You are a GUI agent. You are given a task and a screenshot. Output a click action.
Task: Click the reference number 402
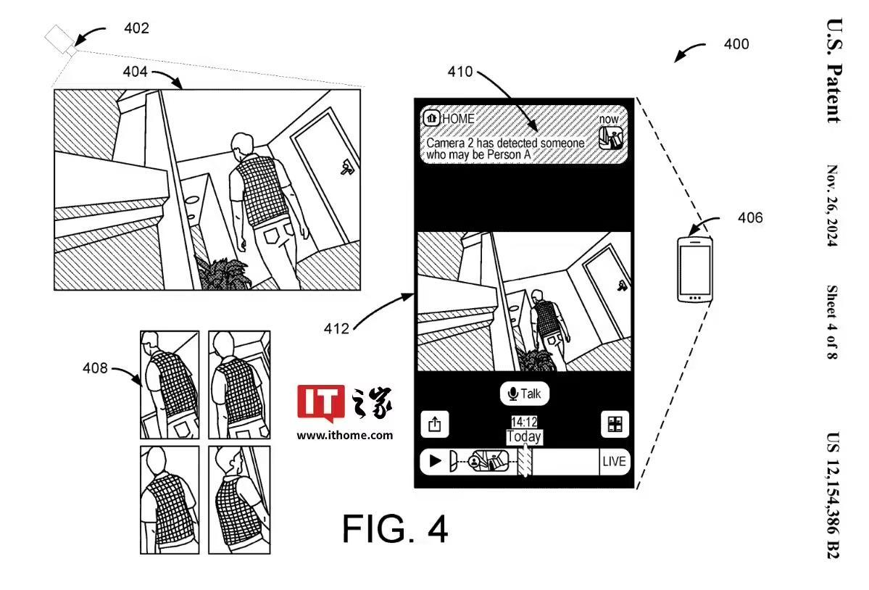(136, 29)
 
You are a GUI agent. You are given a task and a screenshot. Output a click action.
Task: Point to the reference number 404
(136, 72)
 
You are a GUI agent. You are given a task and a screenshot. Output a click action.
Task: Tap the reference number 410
(460, 72)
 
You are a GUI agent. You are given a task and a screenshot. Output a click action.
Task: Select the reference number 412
(336, 329)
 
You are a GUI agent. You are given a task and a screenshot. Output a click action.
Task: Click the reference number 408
(95, 368)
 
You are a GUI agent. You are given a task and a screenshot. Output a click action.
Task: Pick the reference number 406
(750, 217)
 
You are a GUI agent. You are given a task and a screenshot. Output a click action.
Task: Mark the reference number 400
(736, 44)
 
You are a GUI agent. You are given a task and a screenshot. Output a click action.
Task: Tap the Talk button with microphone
(525, 394)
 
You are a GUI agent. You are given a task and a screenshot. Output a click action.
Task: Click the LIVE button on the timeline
(614, 462)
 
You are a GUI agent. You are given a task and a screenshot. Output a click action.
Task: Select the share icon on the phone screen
(435, 424)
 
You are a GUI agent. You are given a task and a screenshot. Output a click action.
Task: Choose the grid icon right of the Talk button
(615, 424)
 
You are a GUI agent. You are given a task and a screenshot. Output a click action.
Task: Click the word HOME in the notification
(458, 118)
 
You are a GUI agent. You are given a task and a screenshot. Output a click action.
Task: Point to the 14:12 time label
(523, 422)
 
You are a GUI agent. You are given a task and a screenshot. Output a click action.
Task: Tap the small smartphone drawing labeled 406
(694, 268)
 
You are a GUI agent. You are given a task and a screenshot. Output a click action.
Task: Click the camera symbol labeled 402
(59, 39)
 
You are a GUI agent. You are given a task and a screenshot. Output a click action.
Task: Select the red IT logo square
(320, 402)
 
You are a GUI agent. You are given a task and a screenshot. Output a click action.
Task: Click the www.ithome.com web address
(345, 435)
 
